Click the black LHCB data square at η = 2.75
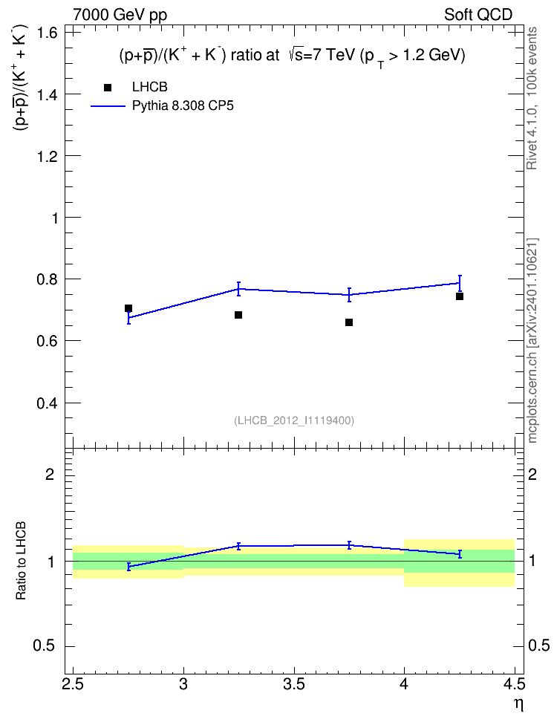point(128,308)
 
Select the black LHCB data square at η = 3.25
point(238,315)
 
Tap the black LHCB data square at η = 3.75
point(349,322)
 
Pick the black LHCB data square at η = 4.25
point(460,296)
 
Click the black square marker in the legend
point(108,88)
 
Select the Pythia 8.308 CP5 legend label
point(183,106)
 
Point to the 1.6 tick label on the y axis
point(48,33)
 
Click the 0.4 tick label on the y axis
point(48,403)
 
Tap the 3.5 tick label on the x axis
point(294,684)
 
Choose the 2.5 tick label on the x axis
point(73,684)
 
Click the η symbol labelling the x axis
point(519,705)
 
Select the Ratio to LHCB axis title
point(21,560)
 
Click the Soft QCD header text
point(478,15)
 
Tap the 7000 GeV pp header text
point(120,15)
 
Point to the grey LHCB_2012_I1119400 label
point(294,420)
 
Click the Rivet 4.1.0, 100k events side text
point(532,98)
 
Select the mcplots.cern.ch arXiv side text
point(532,341)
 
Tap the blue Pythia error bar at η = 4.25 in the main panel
point(460,283)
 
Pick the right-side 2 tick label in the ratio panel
point(532,474)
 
